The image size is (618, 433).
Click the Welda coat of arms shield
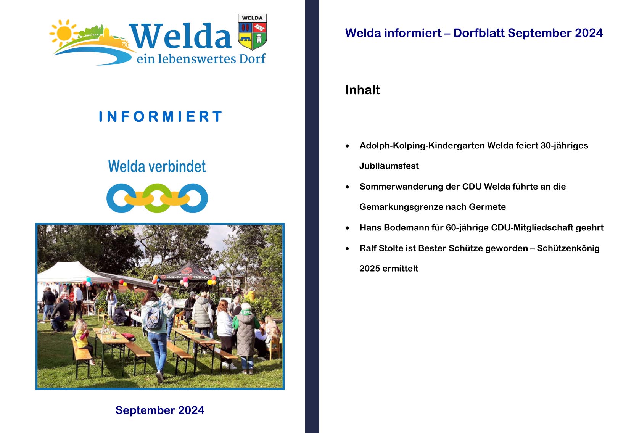coord(252,32)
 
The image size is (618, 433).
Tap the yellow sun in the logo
coord(64,33)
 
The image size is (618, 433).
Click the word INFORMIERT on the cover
coord(160,116)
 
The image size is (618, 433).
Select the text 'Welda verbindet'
coord(157,166)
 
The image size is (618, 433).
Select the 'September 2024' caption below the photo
coord(160,410)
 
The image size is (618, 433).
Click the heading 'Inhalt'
coord(362,90)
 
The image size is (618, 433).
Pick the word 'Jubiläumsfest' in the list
coord(389,166)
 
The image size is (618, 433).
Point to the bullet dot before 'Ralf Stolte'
coord(347,249)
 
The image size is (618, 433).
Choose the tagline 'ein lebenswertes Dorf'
coord(201,59)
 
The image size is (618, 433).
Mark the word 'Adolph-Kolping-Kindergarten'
coord(422,146)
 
